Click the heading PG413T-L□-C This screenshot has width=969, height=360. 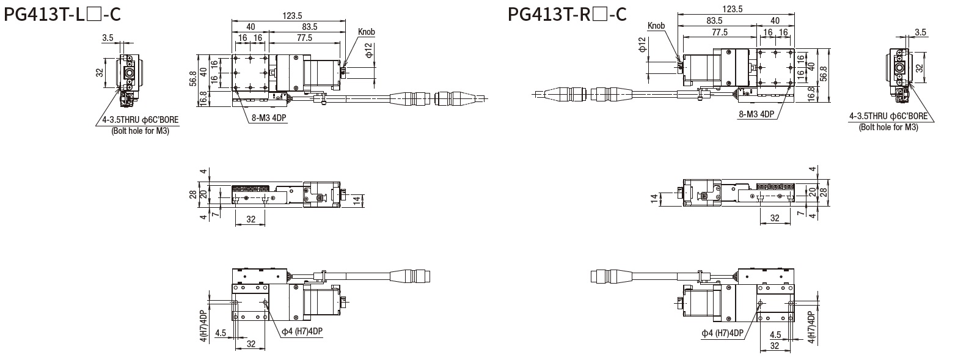(62, 13)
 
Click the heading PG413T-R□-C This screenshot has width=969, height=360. (567, 13)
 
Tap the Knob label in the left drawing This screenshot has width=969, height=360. (367, 32)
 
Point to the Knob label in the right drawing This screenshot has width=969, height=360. (656, 26)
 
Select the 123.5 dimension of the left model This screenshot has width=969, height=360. (294, 15)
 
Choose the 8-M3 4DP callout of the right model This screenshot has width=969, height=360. (756, 114)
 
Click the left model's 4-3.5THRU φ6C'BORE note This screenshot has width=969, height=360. (141, 120)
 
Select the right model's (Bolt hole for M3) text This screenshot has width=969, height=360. (888, 127)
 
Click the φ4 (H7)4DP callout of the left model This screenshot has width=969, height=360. (302, 332)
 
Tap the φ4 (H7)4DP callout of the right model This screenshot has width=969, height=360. (722, 333)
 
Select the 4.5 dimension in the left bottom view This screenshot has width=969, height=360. (221, 333)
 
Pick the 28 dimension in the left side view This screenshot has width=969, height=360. (193, 194)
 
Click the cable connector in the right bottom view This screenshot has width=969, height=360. (604, 276)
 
